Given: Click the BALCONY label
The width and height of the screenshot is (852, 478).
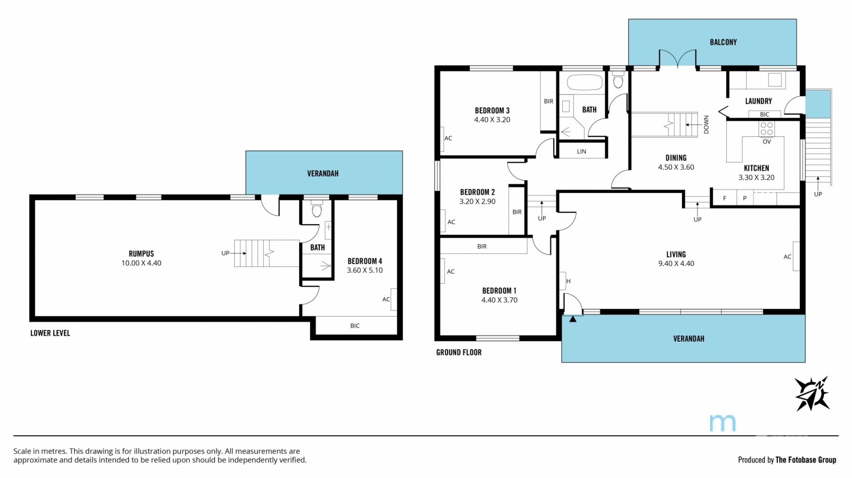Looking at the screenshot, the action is (723, 42).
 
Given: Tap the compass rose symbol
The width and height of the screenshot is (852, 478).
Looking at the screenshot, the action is (812, 394).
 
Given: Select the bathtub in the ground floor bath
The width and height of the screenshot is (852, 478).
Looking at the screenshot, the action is (585, 83).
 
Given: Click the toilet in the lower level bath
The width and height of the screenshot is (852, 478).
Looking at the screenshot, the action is (316, 209).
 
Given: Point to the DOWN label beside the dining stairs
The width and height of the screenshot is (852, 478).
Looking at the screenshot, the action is (706, 125).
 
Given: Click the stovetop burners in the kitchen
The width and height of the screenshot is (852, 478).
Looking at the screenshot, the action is (766, 129).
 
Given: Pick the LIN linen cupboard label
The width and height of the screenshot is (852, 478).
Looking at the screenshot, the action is (581, 151).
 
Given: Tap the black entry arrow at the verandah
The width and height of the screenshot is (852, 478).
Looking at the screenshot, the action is (573, 319).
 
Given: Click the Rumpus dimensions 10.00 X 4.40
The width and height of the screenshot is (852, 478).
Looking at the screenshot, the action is (141, 263).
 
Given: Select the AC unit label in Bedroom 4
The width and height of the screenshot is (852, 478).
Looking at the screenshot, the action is (386, 300).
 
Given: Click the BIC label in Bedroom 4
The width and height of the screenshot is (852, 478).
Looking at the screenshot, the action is (355, 326).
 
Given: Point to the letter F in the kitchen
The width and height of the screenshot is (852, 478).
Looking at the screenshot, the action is (725, 198).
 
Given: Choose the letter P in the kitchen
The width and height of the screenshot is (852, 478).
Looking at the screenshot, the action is (745, 198).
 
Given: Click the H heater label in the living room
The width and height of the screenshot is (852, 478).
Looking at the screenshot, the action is (568, 281).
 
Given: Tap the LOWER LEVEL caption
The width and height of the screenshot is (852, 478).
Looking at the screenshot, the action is (50, 333).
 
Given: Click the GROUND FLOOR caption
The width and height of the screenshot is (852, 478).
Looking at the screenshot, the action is (459, 352).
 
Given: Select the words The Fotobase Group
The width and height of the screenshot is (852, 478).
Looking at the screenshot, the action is (806, 460).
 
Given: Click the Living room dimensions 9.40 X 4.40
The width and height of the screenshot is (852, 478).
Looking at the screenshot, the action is (676, 264).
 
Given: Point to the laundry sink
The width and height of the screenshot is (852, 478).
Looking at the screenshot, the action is (775, 79).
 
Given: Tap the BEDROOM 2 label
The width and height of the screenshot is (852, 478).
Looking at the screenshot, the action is (477, 192).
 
